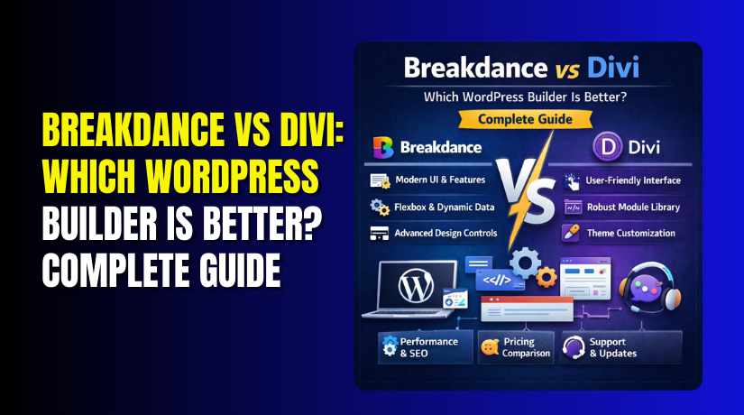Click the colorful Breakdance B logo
pos(380,146)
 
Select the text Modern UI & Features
pos(440,180)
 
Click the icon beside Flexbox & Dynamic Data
pos(379,207)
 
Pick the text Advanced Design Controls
pos(445,233)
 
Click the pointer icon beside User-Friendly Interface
pos(571,180)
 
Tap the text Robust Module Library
pos(634,207)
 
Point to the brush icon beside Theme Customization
pos(571,233)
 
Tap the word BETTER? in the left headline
pos(263,228)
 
